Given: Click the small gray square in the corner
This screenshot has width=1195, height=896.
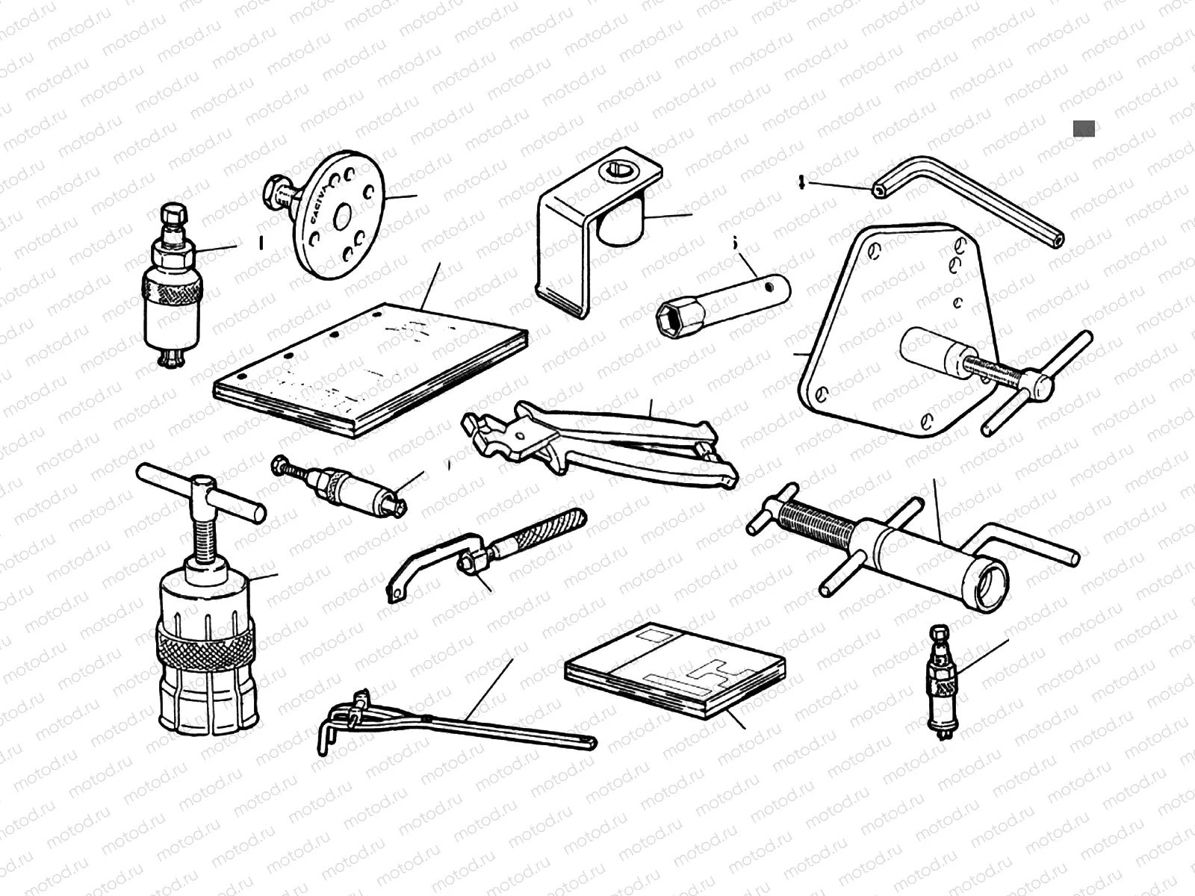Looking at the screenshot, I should [x=1084, y=128].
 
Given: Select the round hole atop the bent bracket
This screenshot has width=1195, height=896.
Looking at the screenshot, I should [x=618, y=173].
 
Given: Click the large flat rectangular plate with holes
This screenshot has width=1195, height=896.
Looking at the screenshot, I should [x=370, y=366].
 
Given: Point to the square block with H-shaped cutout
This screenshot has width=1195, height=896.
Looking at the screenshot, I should [x=676, y=667].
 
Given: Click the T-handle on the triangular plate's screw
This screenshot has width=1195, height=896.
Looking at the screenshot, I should [x=1034, y=385].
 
